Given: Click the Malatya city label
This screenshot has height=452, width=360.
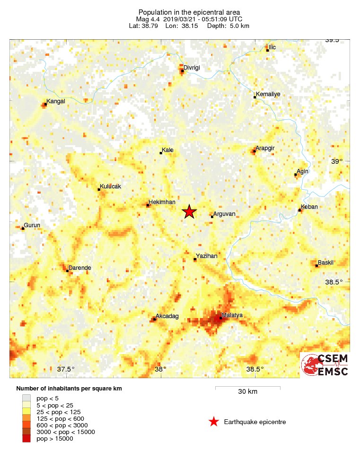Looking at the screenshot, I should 232,315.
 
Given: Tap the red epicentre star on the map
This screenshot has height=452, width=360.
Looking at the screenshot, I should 189,212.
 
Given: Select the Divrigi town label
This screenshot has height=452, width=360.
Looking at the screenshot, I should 192,68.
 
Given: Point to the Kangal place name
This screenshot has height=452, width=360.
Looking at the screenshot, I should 56,101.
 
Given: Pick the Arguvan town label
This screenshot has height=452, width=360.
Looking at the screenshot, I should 224,214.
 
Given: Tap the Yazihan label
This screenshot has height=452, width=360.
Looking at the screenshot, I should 207,256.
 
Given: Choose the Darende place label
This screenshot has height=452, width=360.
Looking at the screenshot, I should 79,268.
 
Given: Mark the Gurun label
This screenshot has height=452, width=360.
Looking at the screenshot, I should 32,225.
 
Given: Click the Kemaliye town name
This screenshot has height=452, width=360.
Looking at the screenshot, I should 268,94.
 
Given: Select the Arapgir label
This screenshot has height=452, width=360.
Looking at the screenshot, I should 265,149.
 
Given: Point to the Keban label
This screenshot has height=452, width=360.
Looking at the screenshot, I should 309,207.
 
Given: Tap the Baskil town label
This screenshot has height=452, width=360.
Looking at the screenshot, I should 326,262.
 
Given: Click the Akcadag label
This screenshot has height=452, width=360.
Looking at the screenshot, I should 167,317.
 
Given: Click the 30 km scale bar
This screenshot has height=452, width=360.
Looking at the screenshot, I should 247,388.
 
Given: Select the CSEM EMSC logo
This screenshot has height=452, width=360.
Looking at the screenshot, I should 325,365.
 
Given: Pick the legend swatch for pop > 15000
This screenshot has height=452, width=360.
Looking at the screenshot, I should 26,439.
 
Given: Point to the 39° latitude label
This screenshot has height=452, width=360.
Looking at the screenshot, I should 336,161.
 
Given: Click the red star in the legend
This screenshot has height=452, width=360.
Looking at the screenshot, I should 214,422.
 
